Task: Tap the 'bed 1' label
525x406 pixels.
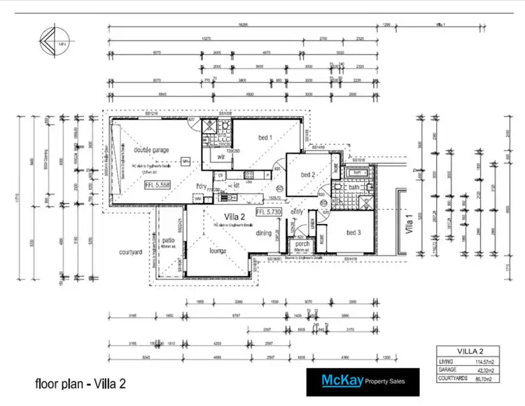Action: click(265, 136)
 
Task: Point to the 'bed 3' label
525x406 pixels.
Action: click(354, 232)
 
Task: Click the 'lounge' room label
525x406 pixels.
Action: click(220, 250)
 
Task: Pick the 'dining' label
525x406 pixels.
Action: click(263, 233)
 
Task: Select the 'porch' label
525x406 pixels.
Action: click(302, 245)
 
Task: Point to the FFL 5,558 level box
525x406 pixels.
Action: click(157, 185)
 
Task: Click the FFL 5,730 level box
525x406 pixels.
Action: click(269, 211)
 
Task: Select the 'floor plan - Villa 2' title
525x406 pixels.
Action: click(80, 384)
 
